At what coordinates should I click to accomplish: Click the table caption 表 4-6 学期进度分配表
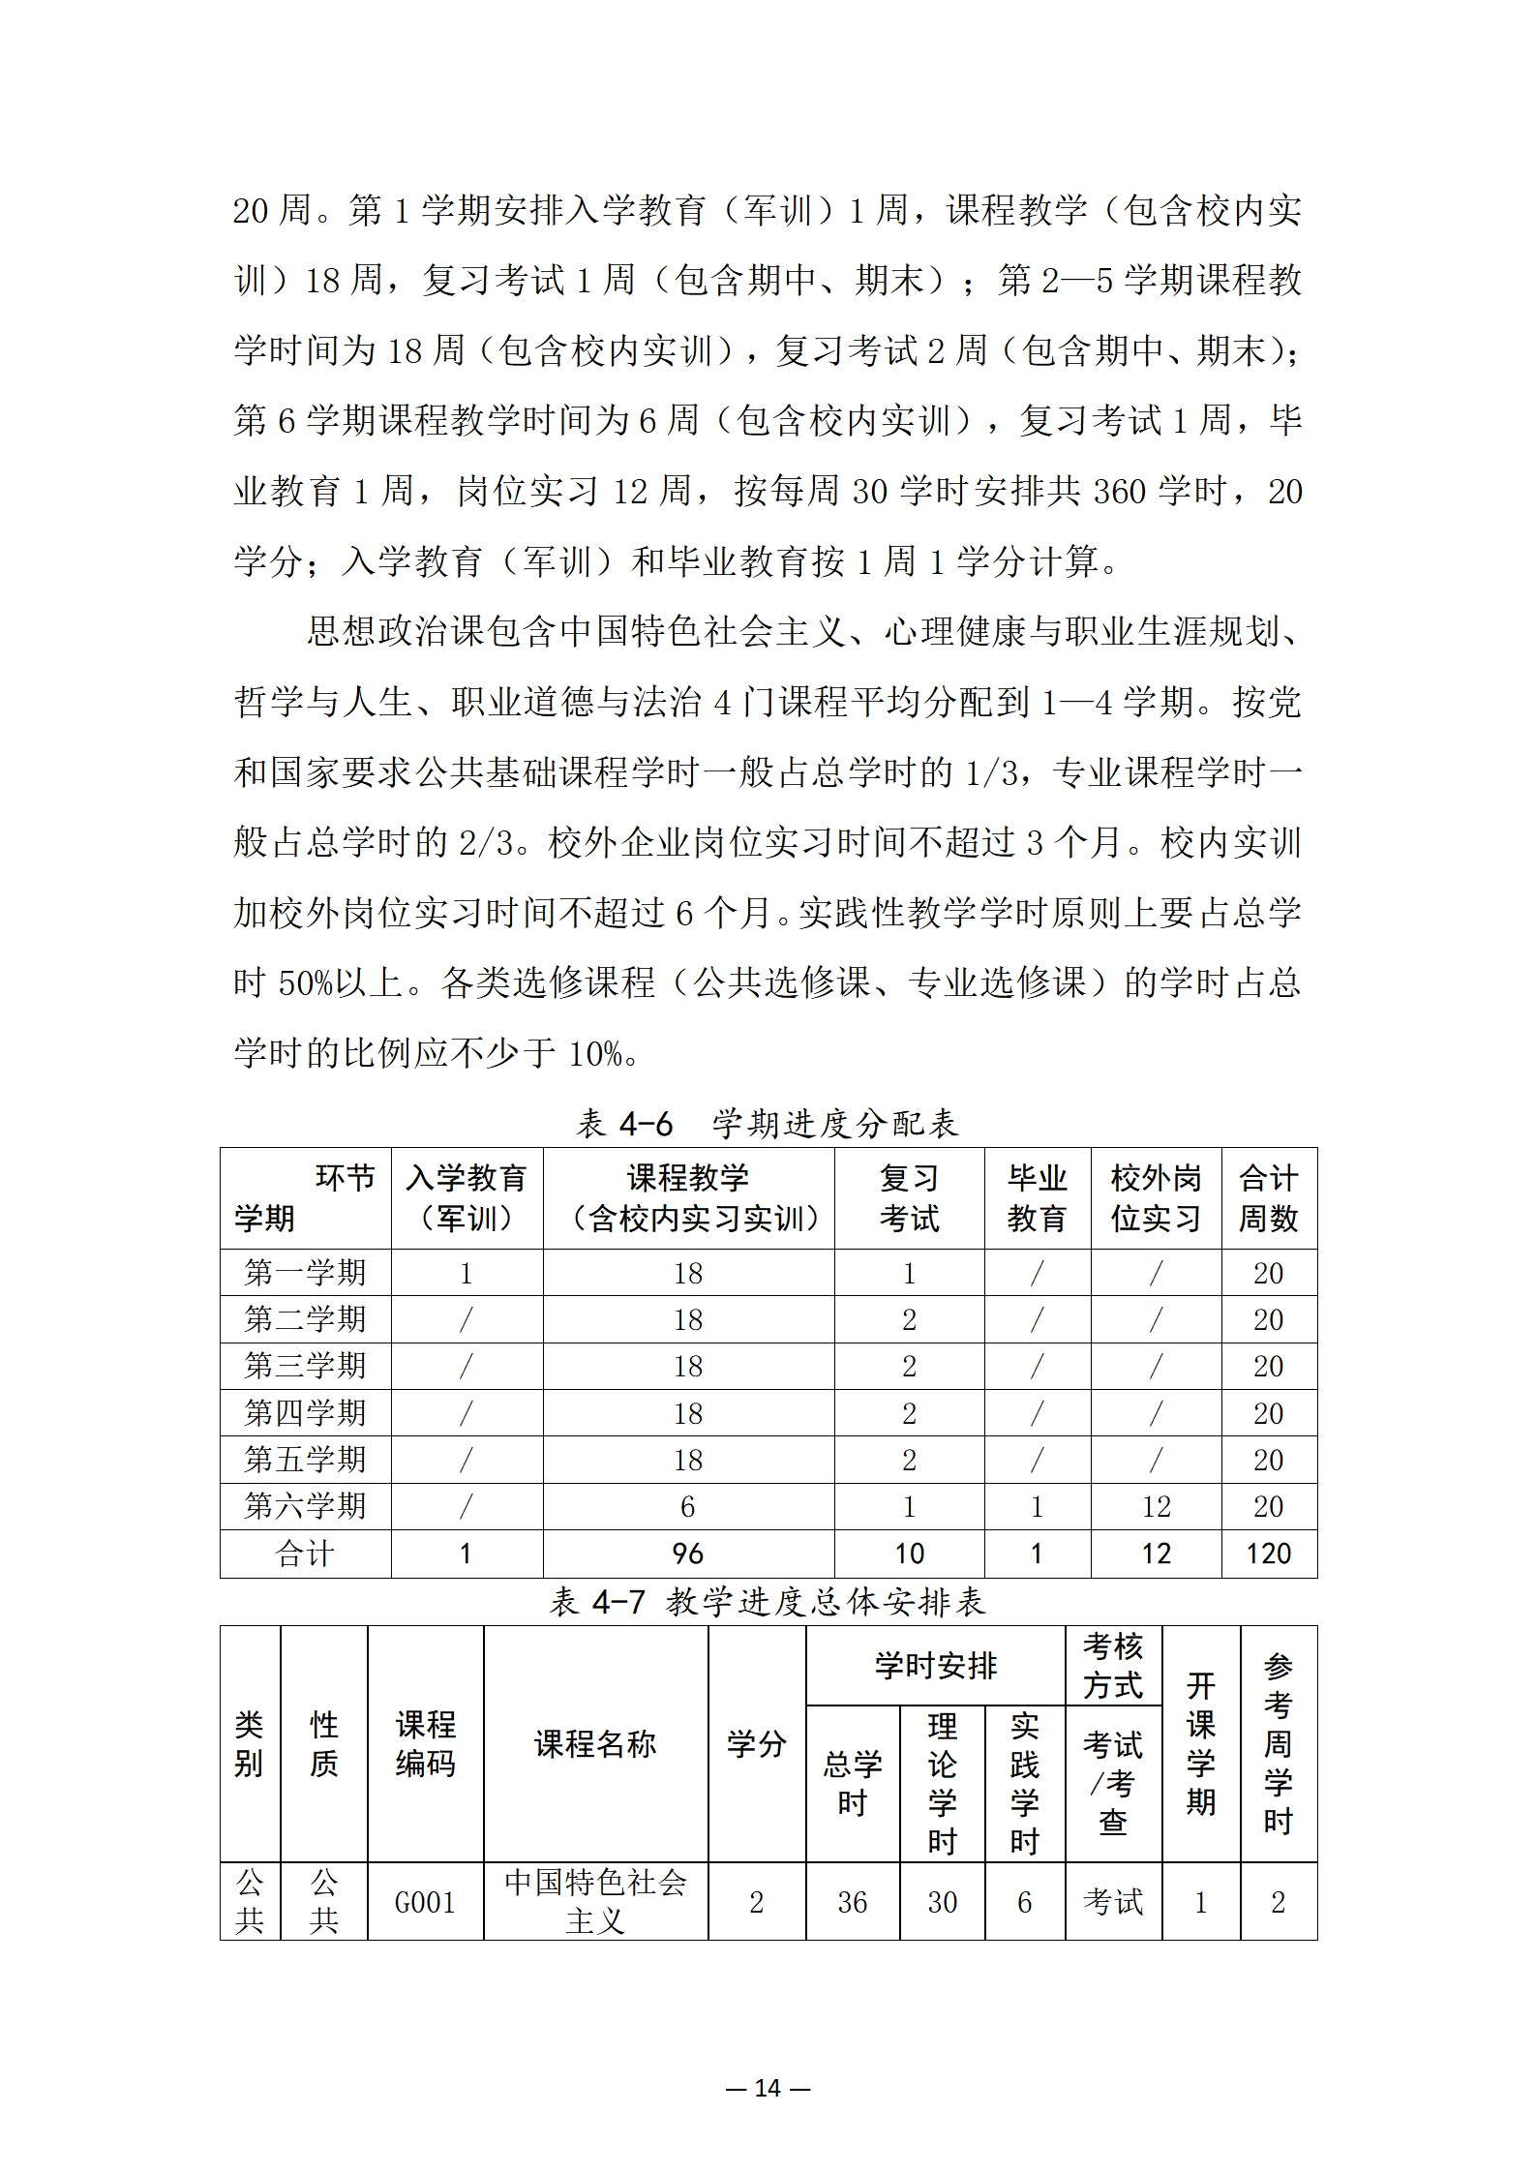768,1124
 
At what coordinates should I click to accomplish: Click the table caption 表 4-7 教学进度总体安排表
768,1602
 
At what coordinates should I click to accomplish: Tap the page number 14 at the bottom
768,2088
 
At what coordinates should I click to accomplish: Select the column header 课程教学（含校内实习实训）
688,1198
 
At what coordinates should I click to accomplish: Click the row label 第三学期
305,1366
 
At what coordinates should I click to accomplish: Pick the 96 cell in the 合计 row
688,1554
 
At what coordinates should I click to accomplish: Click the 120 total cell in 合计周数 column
1268,1554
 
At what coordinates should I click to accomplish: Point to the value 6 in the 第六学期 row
688,1506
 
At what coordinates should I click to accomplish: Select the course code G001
425,1903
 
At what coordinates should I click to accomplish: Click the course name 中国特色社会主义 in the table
595,1901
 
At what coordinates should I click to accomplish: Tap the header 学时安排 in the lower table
935,1666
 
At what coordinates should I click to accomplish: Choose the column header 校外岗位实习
1156,1198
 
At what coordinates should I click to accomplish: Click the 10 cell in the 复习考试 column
909,1554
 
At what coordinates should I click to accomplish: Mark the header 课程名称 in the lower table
595,1744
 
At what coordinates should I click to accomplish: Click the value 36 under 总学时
852,1903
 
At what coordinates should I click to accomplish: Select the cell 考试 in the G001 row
1113,1903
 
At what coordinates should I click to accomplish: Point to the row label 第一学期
305,1273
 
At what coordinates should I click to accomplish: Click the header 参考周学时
1278,1744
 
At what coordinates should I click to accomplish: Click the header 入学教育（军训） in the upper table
467,1198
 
